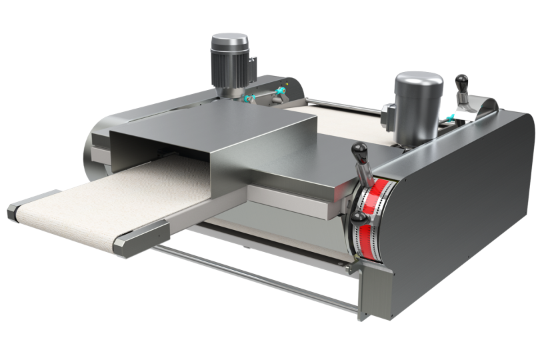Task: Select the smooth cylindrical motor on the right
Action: pyautogui.click(x=418, y=103)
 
